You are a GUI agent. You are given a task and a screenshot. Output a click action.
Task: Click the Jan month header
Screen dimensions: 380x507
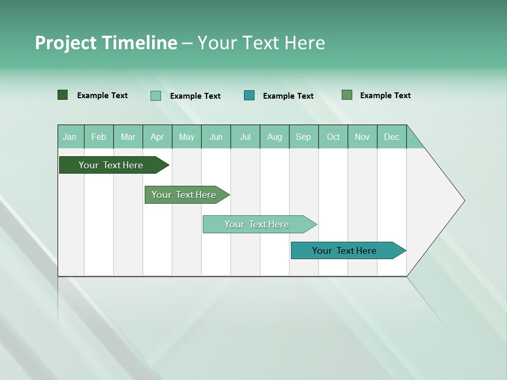(x=70, y=137)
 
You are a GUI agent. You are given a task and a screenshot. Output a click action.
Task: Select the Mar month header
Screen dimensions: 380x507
(x=128, y=137)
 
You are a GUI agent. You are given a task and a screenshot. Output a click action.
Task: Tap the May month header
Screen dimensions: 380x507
(x=186, y=137)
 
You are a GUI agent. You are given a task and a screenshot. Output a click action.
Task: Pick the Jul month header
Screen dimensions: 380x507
(x=245, y=137)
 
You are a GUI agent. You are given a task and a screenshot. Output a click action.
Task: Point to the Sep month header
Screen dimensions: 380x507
(x=303, y=137)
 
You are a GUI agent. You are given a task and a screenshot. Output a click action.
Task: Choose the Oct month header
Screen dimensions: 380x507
(x=333, y=137)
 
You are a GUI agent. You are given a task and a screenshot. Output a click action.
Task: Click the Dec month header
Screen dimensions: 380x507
(x=391, y=137)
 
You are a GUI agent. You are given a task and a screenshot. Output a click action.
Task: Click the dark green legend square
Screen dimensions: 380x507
(x=63, y=95)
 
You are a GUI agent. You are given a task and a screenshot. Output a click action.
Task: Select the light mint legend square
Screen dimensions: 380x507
(x=156, y=96)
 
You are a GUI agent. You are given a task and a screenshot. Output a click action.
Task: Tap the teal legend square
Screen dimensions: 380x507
(x=249, y=96)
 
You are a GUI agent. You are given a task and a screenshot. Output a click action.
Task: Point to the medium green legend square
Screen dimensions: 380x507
(x=347, y=95)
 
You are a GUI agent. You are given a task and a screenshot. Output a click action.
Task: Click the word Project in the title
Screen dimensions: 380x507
(x=66, y=43)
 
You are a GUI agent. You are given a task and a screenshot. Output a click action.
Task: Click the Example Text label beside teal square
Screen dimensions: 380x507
(x=288, y=96)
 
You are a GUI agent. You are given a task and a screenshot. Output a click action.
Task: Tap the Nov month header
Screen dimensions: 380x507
(x=362, y=137)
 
